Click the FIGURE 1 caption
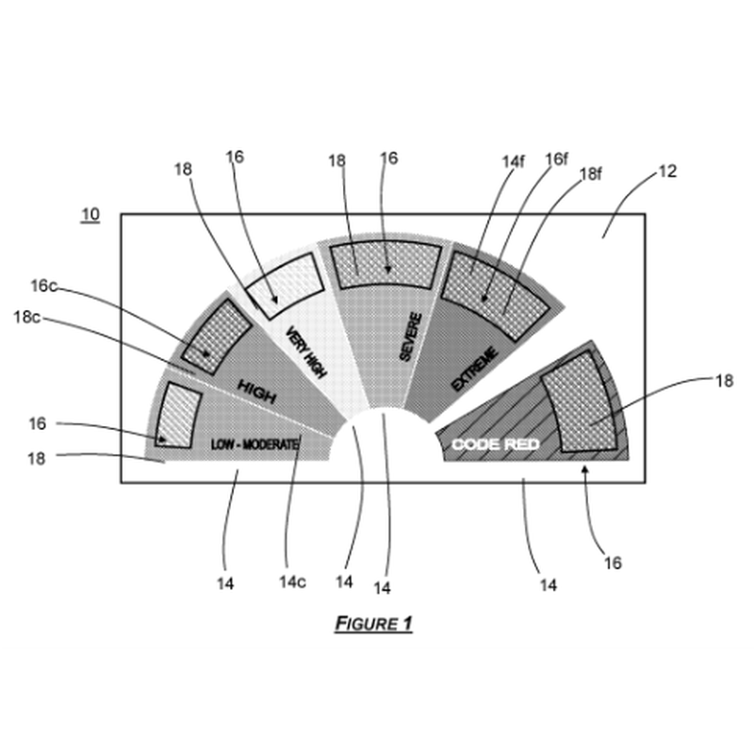(373, 624)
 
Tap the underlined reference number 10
(90, 214)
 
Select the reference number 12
(667, 172)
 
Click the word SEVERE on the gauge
(411, 336)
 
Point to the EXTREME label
(475, 369)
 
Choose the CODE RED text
(496, 444)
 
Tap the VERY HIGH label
(306, 352)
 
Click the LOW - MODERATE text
(254, 444)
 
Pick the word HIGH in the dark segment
(257, 391)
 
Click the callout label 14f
(513, 161)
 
